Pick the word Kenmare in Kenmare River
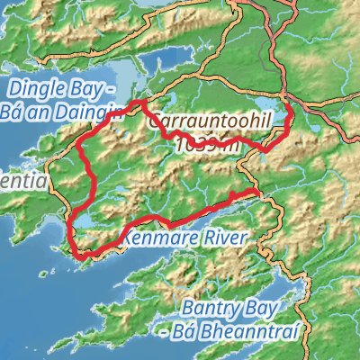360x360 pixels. click(160, 238)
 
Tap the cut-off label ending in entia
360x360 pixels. click(18, 181)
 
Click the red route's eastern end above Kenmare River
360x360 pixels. click(258, 193)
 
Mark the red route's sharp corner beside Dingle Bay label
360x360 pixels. click(138, 104)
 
